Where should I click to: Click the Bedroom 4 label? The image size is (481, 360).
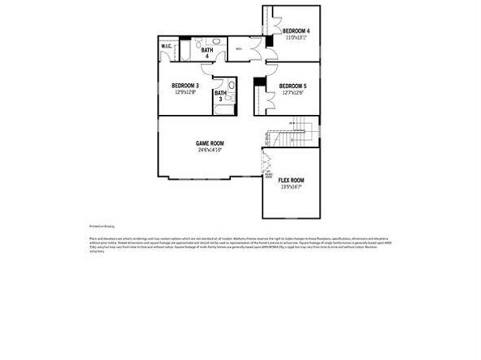click(x=296, y=31)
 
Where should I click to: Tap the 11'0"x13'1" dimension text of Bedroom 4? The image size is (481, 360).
click(x=296, y=37)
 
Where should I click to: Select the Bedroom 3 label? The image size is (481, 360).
click(x=185, y=86)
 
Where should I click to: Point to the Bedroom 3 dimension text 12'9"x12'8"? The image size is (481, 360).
click(x=185, y=92)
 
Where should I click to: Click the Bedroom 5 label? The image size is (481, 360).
click(x=292, y=86)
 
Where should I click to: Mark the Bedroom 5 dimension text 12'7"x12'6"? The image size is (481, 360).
click(x=292, y=92)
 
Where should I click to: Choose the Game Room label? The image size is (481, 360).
click(x=209, y=143)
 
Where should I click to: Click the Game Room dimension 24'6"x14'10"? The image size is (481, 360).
click(x=209, y=150)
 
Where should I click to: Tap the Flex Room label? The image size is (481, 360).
click(x=291, y=180)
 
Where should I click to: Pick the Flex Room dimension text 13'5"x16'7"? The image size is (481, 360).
click(x=291, y=187)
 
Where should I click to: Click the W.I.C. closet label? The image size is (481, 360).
click(x=166, y=47)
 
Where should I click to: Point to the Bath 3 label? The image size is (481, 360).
click(x=219, y=95)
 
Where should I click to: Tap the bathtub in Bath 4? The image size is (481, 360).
click(x=184, y=53)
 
